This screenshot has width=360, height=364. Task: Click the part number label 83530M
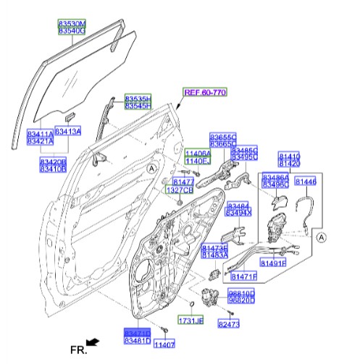[72, 24]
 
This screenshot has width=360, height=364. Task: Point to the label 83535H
[138, 98]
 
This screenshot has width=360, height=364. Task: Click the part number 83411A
[40, 134]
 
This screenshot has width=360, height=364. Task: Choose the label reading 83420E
[52, 161]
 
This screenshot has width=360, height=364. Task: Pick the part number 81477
[183, 181]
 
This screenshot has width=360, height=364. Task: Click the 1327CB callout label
[180, 190]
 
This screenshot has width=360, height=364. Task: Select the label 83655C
[223, 136]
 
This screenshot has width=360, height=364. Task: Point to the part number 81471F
[244, 276]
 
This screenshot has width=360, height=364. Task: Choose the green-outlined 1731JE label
[191, 319]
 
